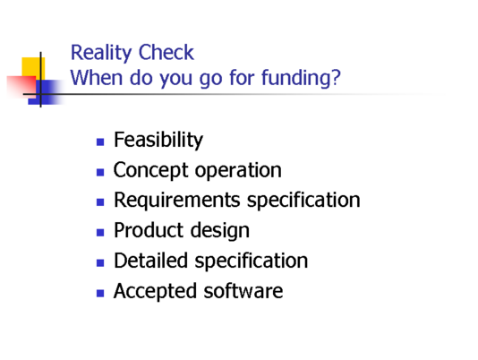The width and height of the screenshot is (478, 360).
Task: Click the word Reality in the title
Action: [x=101, y=54]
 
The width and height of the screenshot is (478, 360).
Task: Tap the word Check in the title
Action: [x=166, y=53]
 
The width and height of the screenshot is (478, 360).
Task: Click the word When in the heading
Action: [x=97, y=78]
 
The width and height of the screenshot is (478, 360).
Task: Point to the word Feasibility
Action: [x=158, y=141]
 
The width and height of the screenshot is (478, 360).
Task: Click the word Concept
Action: [x=150, y=170]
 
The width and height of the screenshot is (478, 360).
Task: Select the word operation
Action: [x=238, y=170]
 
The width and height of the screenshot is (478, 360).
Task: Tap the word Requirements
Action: [x=177, y=201]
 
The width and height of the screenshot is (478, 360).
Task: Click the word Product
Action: [x=148, y=230]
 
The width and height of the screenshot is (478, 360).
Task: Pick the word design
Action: [x=219, y=231]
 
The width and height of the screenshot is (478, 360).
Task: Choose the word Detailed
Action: [x=150, y=261]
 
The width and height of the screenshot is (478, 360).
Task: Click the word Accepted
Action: [x=155, y=291]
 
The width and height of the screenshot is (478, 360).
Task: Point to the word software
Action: [x=243, y=290]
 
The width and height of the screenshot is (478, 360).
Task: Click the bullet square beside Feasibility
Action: [x=100, y=141]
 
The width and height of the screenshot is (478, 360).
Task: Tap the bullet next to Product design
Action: [x=100, y=233]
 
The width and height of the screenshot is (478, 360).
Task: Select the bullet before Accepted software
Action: [x=100, y=293]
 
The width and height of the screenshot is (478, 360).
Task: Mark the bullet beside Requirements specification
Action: [x=100, y=202]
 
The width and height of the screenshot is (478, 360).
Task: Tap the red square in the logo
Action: [x=21, y=86]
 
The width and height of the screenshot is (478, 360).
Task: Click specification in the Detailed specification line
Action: [x=252, y=261]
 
